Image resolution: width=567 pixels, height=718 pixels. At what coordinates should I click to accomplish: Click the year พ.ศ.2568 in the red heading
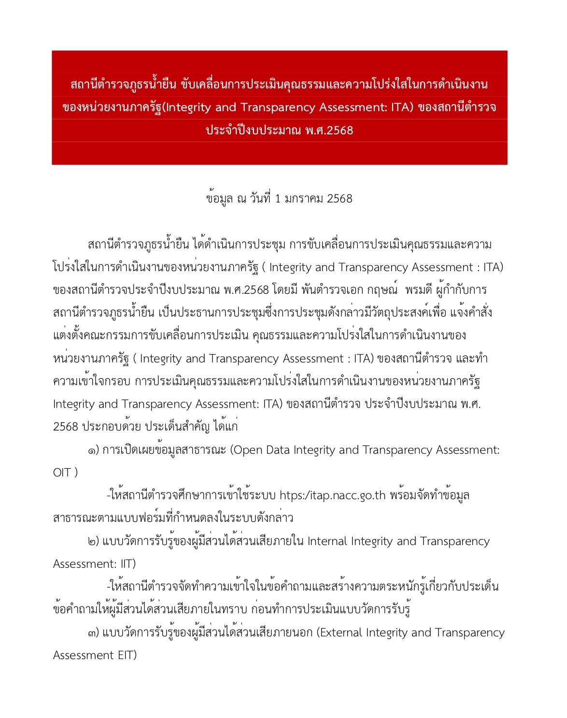tap(329, 130)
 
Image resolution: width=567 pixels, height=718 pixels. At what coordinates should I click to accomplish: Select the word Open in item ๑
tap(248, 450)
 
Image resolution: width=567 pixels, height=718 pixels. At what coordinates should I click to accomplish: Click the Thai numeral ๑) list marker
tap(93, 450)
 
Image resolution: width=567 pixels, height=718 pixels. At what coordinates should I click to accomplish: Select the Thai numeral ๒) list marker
tap(93, 542)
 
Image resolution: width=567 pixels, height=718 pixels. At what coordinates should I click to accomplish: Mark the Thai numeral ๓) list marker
tap(93, 633)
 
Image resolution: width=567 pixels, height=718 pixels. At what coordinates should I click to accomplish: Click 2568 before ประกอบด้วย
tap(65, 427)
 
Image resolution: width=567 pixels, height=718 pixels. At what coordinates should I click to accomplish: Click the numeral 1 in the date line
tap(277, 199)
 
